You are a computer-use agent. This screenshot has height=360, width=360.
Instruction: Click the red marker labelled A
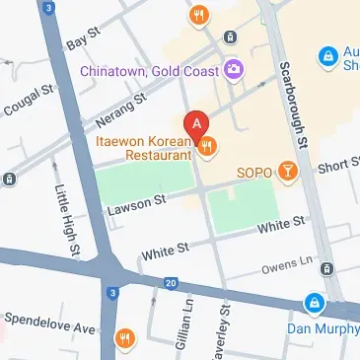[197, 125]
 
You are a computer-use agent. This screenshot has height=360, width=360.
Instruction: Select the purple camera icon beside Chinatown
[234, 69]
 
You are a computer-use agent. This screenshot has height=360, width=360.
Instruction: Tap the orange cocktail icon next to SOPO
[286, 172]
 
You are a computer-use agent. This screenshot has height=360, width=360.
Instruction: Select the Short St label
[337, 167]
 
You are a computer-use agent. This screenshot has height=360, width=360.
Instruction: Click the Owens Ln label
[282, 268]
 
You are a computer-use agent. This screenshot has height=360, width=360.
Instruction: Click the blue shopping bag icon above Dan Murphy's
[314, 302]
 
